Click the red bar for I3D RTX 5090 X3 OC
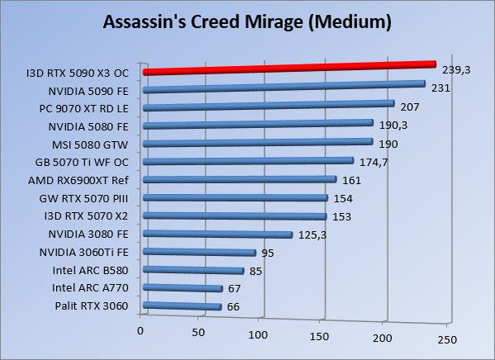pyautogui.click(x=289, y=68)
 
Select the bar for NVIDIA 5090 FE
pyautogui.click(x=284, y=87)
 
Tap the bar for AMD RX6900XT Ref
pyautogui.click(x=239, y=181)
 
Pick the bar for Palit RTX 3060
pyautogui.click(x=182, y=307)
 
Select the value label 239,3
pyautogui.click(x=456, y=70)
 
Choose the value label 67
pyautogui.click(x=236, y=288)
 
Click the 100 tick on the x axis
pyautogui.click(x=260, y=334)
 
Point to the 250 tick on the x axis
pyautogui.click(x=445, y=339)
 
